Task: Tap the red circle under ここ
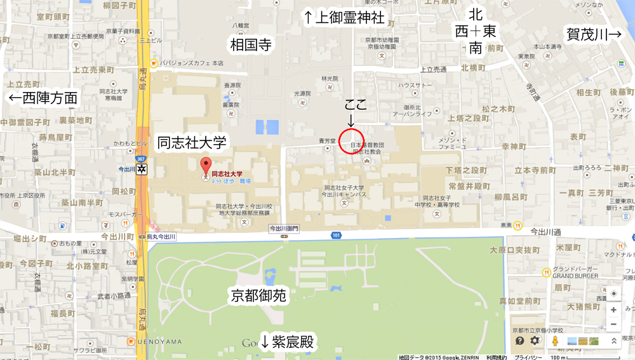click(351, 140)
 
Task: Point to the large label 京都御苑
click(258, 295)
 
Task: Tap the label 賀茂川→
click(594, 34)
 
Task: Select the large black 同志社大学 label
click(192, 142)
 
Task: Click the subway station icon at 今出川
click(142, 169)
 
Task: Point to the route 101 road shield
click(336, 236)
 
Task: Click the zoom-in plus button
click(613, 310)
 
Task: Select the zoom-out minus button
click(613, 324)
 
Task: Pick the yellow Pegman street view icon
click(555, 341)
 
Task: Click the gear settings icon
click(535, 341)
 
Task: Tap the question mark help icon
click(519, 341)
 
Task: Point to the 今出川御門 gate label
click(284, 228)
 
